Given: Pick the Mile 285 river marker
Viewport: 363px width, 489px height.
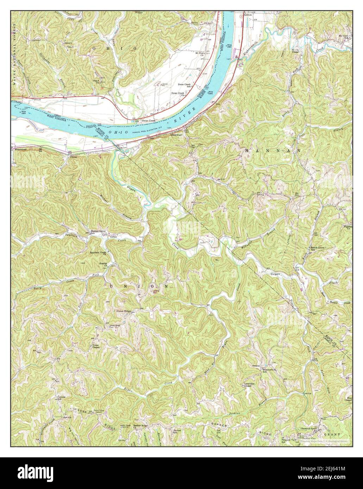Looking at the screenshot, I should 211,93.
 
